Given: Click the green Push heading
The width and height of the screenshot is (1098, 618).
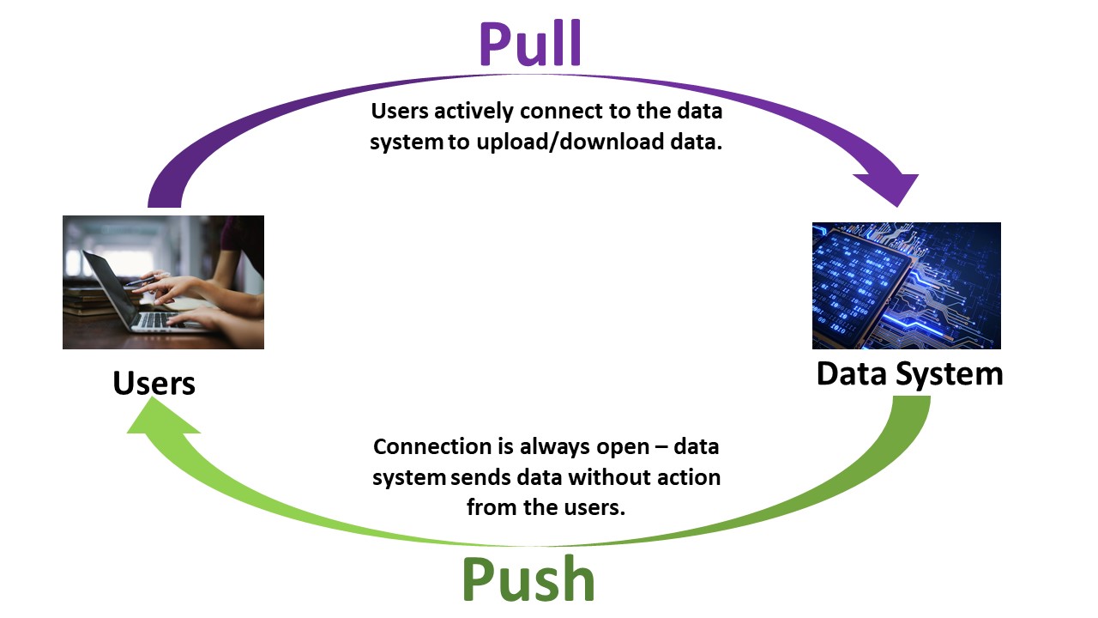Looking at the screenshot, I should [x=528, y=579].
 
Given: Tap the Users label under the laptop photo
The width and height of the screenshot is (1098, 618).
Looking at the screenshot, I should [x=154, y=383].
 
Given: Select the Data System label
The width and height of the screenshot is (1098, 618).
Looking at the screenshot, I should [x=909, y=374].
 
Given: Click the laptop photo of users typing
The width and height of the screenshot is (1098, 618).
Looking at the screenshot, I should [x=163, y=282].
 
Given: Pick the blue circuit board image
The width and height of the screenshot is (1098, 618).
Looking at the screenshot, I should [x=906, y=285].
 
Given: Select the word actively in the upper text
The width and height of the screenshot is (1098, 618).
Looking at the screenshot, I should [x=462, y=112].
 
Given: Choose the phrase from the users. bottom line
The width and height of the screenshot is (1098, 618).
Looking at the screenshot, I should [x=546, y=506].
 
